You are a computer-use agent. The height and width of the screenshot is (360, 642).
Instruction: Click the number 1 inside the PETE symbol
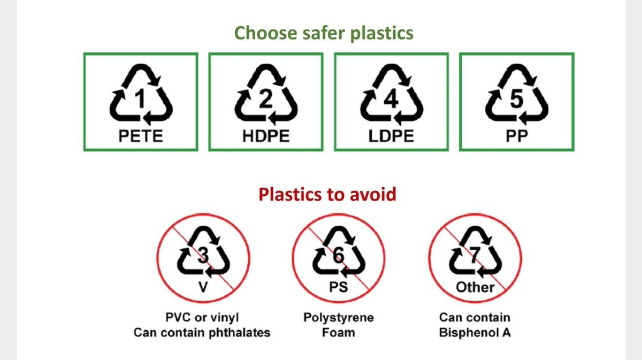141,100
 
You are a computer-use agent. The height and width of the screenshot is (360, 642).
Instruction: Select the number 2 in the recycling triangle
266,100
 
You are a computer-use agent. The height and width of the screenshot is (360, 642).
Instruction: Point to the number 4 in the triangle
392,100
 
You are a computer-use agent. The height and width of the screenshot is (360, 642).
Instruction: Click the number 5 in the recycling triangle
517,100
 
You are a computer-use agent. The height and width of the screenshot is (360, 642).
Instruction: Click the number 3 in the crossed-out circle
203,256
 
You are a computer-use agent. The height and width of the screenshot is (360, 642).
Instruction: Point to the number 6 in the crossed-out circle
339,256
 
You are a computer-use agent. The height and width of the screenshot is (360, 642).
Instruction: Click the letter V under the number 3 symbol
203,287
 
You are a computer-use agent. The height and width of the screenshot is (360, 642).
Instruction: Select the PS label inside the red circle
339,287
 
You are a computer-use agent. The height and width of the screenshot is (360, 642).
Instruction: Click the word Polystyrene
339,318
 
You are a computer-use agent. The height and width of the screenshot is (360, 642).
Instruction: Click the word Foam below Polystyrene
339,332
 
